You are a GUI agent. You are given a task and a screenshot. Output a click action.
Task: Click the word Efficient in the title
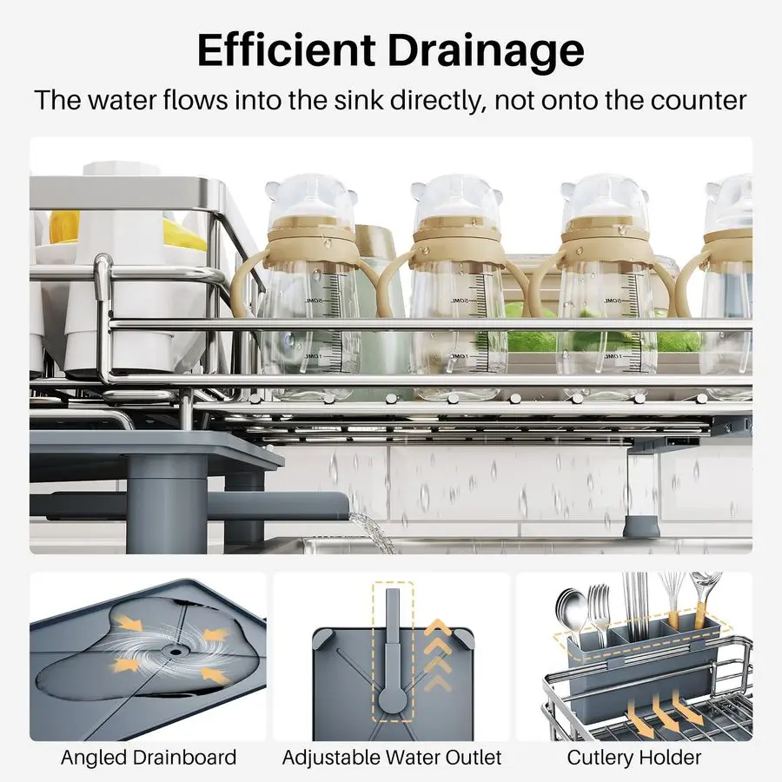click(286, 51)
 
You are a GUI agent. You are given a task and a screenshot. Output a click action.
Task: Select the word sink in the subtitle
click(359, 100)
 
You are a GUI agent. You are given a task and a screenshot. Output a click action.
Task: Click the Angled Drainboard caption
click(149, 758)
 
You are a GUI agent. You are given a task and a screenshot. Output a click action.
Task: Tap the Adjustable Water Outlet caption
click(392, 758)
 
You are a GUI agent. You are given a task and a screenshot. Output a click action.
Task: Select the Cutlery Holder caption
click(634, 758)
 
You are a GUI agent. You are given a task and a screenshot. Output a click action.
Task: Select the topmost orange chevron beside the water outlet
click(437, 626)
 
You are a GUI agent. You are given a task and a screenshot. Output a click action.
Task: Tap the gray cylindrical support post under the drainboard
click(167, 504)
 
